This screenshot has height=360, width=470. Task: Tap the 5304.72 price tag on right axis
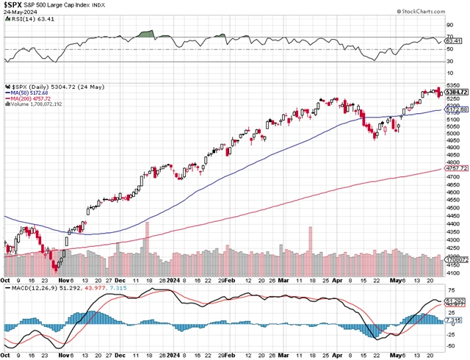[455, 91]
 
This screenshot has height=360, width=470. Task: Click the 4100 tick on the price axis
[452, 273]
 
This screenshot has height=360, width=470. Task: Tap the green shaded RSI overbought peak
[147, 34]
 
